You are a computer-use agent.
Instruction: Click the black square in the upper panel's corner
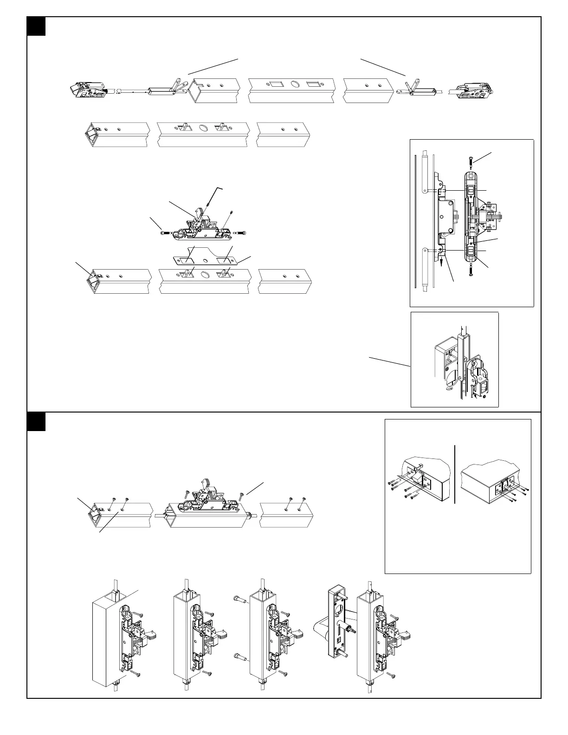point(36,26)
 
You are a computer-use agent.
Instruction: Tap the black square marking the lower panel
point(36,421)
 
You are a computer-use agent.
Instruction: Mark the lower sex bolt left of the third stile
point(240,656)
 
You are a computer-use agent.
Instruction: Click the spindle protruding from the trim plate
point(349,627)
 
